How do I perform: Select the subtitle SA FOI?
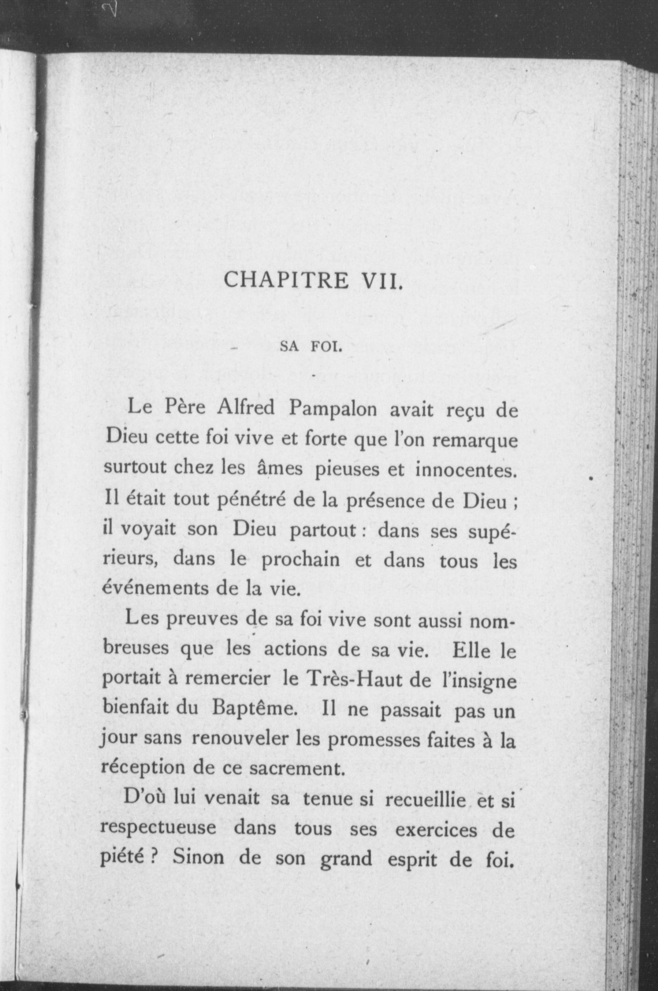pos(311,347)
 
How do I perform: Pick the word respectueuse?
pos(158,830)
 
